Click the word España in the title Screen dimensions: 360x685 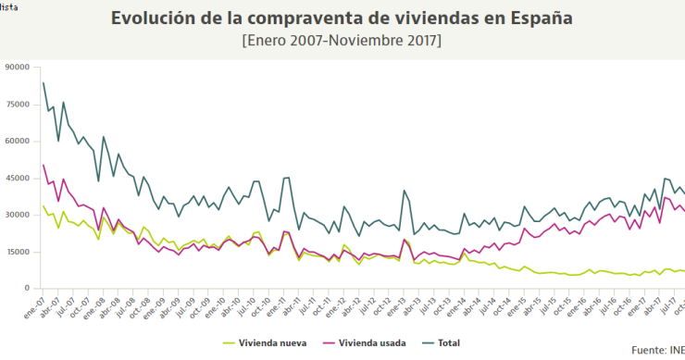point(538,18)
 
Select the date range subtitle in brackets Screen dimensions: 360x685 point(342,42)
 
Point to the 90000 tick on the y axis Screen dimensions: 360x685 point(18,67)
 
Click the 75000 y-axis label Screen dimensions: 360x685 point(18,104)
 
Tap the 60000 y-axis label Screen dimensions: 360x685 point(18,141)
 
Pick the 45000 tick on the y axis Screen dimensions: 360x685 point(18,178)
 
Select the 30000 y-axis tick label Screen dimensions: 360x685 point(18,215)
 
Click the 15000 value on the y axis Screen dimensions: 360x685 point(18,252)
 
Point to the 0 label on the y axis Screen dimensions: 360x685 point(28,289)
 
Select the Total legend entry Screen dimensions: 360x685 point(448,343)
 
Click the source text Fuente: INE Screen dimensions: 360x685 point(657,351)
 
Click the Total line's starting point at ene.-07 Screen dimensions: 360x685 point(44,83)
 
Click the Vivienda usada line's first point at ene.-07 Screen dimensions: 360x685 point(44,165)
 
